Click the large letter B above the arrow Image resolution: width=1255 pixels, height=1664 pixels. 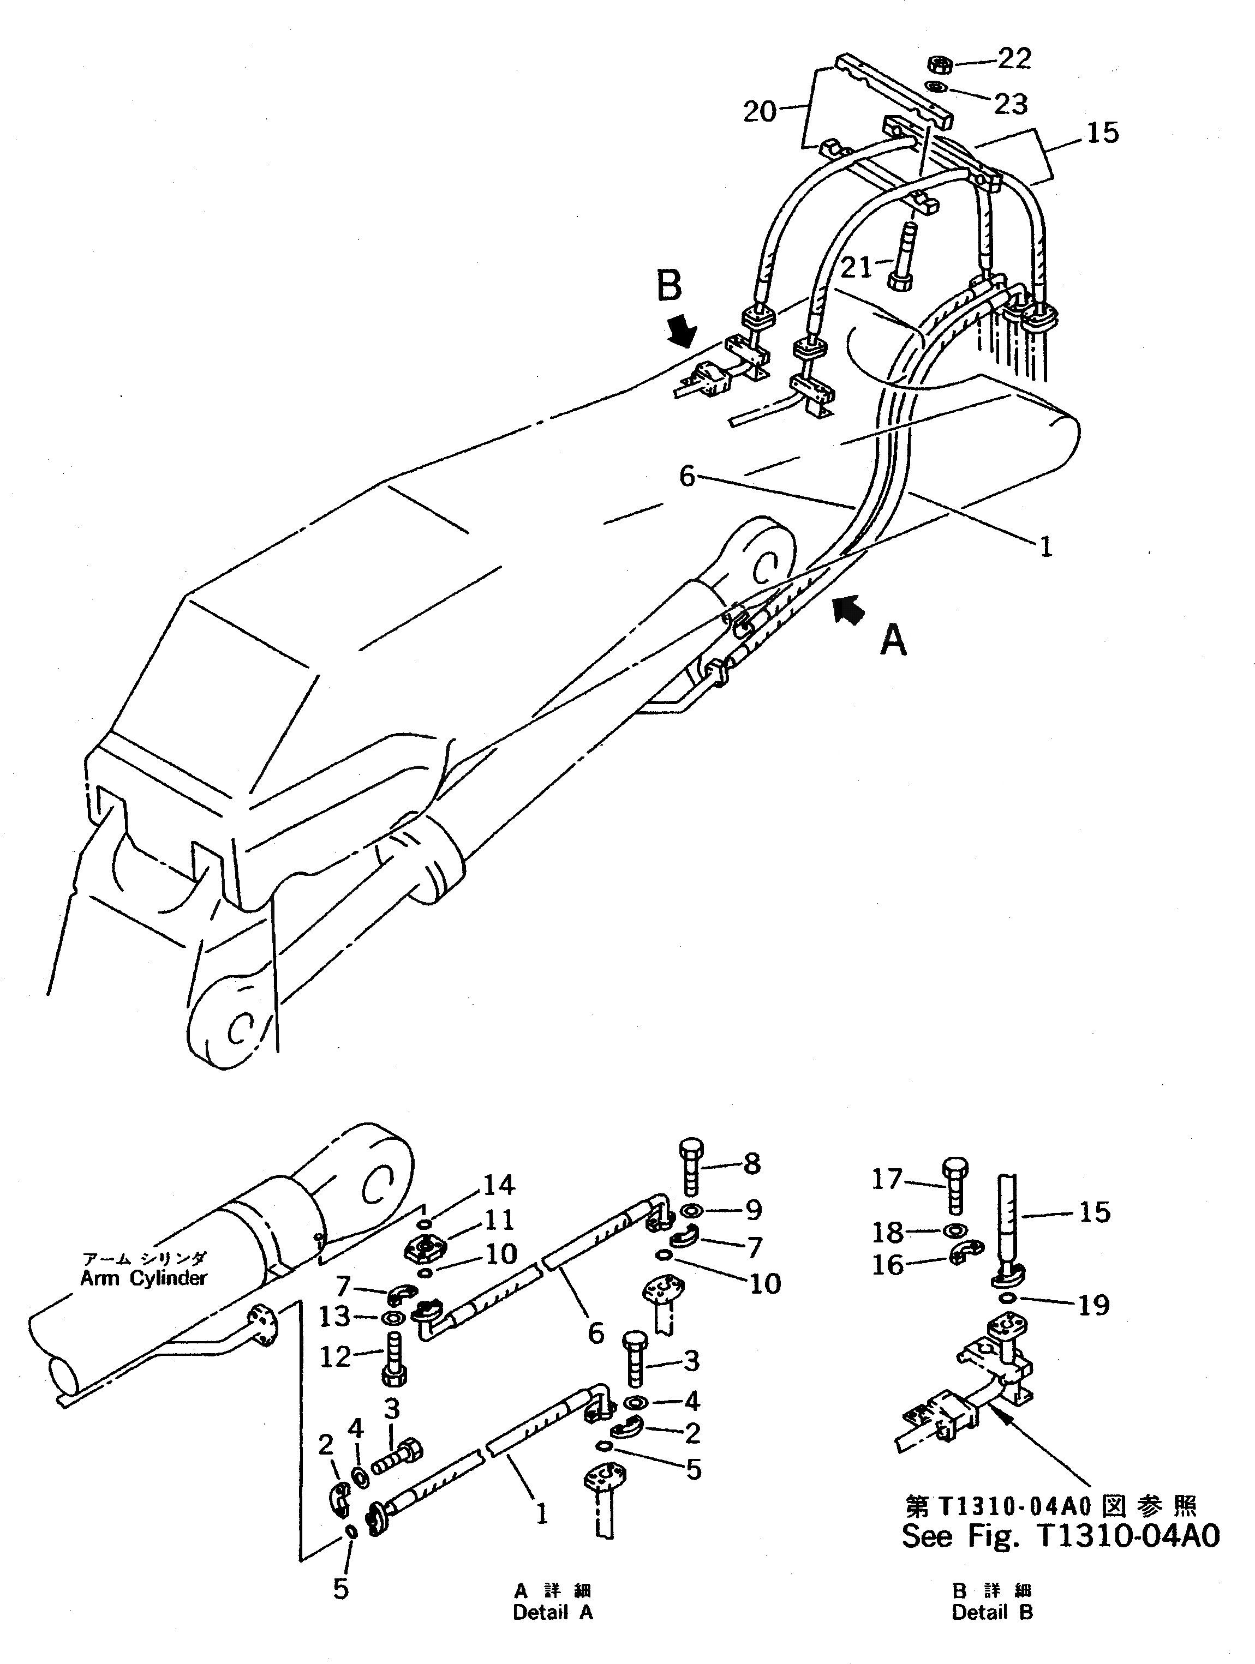pos(669,287)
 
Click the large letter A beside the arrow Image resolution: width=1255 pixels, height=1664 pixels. pos(893,641)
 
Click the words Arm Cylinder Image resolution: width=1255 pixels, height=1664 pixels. pos(143,1278)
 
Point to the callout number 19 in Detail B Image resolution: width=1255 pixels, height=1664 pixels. pos(1094,1305)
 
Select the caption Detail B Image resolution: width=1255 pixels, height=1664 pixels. pos(991,1612)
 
